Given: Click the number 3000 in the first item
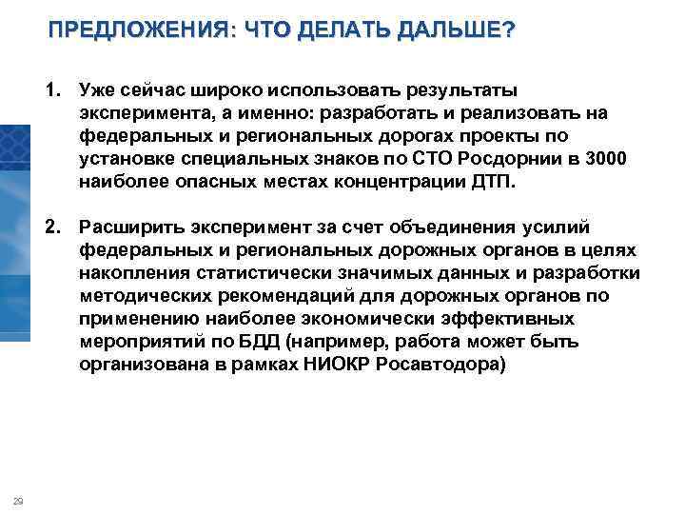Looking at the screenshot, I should click(605, 159).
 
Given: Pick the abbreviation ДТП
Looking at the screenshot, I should click(494, 182).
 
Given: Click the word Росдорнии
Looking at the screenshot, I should click(499, 159).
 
